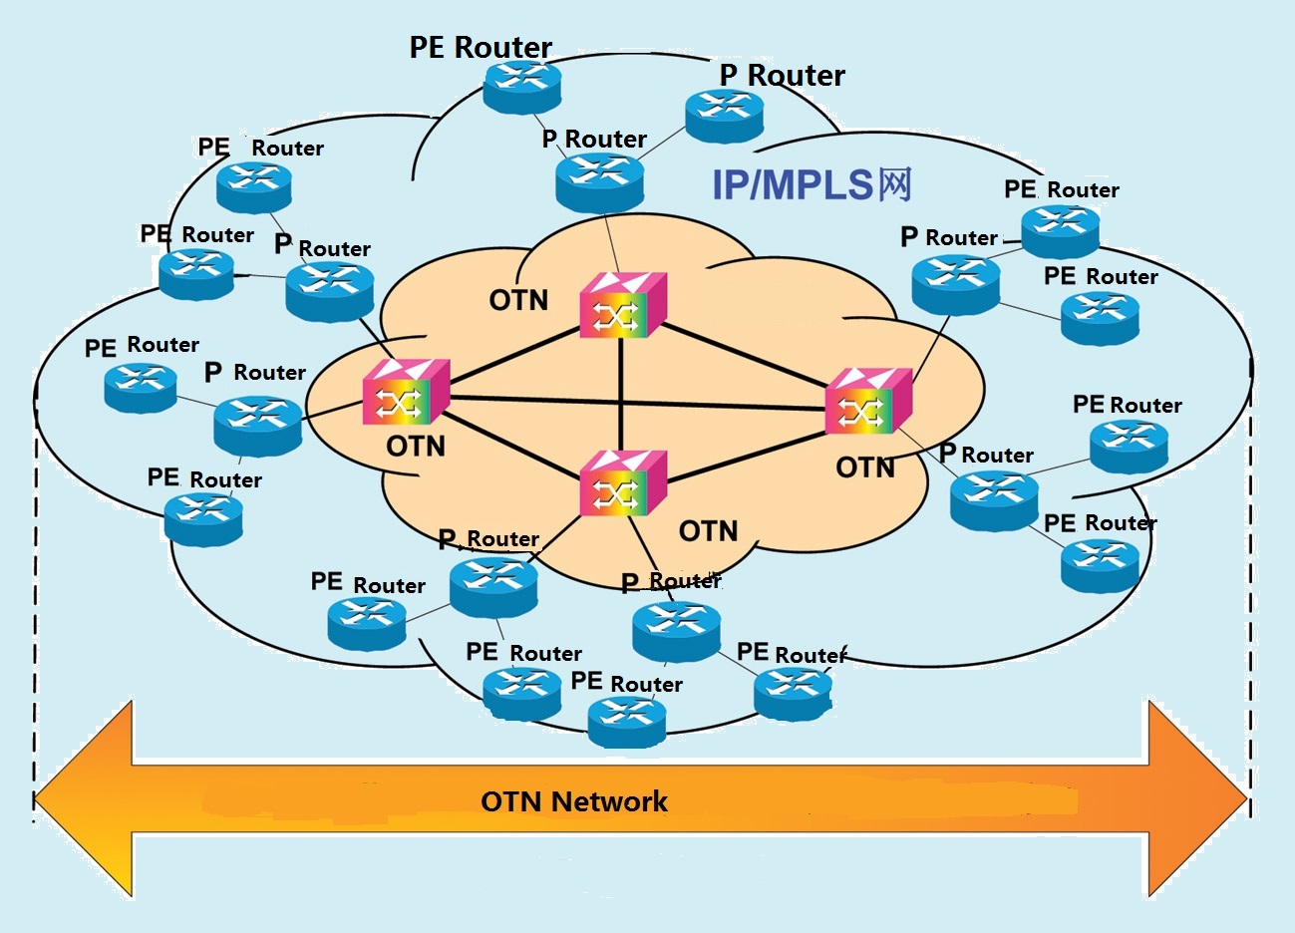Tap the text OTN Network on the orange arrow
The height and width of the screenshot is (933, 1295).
click(573, 801)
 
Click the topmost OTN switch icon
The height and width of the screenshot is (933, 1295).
click(622, 305)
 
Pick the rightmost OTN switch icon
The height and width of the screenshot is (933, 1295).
click(867, 401)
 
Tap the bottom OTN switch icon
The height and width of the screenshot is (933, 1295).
click(621, 482)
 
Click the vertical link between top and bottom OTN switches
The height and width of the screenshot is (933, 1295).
click(621, 394)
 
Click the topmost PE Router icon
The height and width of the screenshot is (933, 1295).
click(522, 86)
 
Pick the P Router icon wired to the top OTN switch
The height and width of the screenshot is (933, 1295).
click(599, 179)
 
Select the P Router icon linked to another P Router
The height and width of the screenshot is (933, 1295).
click(724, 115)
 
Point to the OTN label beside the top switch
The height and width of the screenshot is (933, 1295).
click(518, 300)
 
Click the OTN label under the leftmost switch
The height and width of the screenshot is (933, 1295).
click(416, 447)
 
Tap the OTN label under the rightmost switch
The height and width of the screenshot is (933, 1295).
click(865, 467)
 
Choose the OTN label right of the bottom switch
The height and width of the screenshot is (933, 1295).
click(708, 531)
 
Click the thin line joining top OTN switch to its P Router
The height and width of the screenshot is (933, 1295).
click(611, 242)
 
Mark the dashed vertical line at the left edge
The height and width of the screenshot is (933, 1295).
click(36, 598)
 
